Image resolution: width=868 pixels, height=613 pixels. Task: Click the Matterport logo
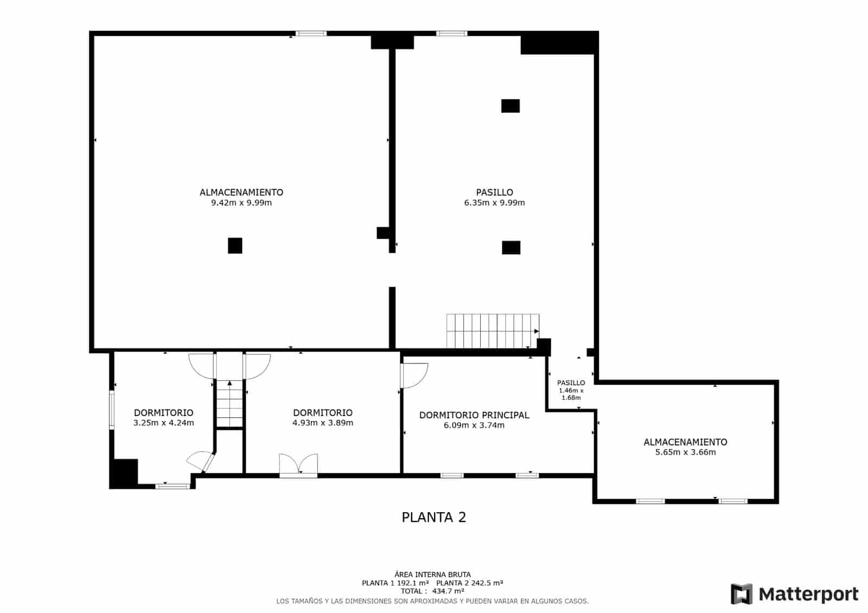(x=794, y=594)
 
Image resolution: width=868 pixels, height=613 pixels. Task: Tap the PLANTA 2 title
(x=433, y=517)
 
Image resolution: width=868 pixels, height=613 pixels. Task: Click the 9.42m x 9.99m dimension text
(x=241, y=203)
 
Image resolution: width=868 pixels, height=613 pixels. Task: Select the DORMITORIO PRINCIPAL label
(x=474, y=415)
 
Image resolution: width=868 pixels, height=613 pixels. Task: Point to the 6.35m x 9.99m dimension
(x=494, y=203)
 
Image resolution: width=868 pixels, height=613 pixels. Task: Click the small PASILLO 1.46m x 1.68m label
(x=571, y=389)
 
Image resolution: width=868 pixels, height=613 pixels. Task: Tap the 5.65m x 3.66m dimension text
(x=685, y=452)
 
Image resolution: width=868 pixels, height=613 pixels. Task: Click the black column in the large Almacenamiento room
(x=235, y=246)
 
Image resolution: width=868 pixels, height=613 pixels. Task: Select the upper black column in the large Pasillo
(x=510, y=106)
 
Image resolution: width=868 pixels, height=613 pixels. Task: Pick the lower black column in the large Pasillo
(x=510, y=247)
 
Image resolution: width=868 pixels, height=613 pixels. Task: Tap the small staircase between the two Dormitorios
(x=229, y=404)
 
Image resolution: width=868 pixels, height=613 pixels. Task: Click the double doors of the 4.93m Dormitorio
(x=298, y=464)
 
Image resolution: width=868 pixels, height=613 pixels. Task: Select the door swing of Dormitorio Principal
(x=413, y=375)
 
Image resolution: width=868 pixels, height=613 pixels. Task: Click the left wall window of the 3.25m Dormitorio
(x=112, y=410)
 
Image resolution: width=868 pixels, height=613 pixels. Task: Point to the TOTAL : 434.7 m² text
(x=432, y=591)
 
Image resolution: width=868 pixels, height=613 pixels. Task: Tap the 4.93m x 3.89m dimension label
(x=322, y=423)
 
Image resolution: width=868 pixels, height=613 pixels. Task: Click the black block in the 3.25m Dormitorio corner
(x=124, y=473)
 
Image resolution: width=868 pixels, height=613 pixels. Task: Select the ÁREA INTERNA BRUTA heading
(x=432, y=574)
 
